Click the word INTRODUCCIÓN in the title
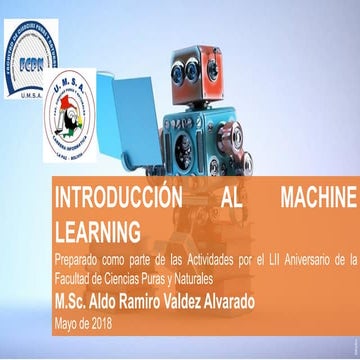109,193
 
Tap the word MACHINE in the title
308,193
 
